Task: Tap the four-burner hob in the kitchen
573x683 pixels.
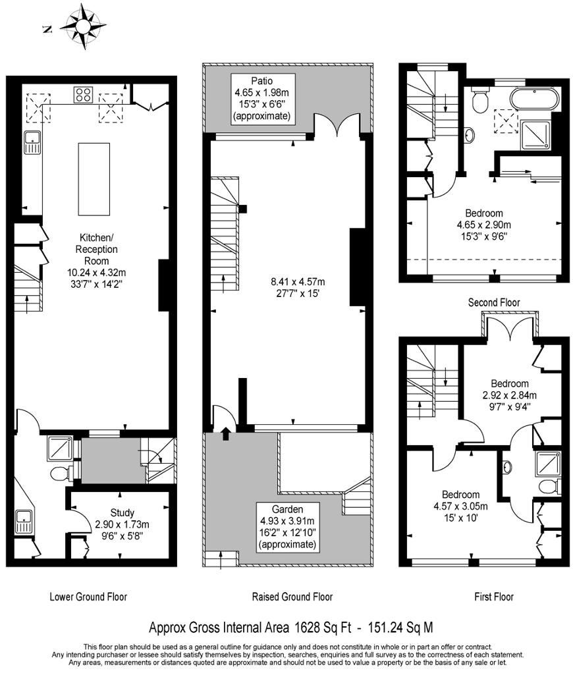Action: [x=84, y=95]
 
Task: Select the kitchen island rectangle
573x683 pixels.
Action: [x=94, y=179]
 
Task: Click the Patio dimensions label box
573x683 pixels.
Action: [x=262, y=98]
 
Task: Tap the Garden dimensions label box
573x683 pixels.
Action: [x=288, y=527]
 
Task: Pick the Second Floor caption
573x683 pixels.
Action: [x=494, y=302]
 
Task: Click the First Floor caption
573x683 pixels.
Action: [x=494, y=596]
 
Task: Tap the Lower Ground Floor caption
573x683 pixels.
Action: [x=88, y=596]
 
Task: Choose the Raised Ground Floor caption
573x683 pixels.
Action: [x=292, y=596]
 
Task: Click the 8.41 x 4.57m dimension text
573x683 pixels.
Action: [x=298, y=282]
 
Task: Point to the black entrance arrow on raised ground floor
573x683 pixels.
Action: [x=226, y=434]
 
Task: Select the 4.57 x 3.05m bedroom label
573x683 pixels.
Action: [x=460, y=506]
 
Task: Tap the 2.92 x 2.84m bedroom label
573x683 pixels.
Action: [x=509, y=395]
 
